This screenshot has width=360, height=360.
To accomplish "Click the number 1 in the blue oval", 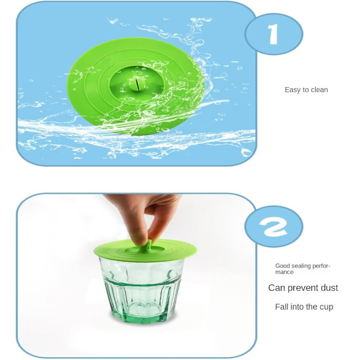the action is pos(273,34).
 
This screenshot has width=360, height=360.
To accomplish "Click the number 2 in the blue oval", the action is pos(273,227).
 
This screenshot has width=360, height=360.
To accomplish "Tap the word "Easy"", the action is pos(292,90).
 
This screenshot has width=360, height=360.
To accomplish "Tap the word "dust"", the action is pos(329,287).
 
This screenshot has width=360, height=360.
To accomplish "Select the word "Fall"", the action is pos(282,307).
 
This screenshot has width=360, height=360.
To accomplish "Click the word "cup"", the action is pos(327,307).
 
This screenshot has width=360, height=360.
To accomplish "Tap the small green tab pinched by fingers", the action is pos(149,244).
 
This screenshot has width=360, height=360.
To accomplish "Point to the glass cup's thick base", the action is pos(143,315).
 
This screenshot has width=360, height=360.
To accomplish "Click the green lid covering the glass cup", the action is pos(146,250).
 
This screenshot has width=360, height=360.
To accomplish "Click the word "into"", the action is pos(297,307).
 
